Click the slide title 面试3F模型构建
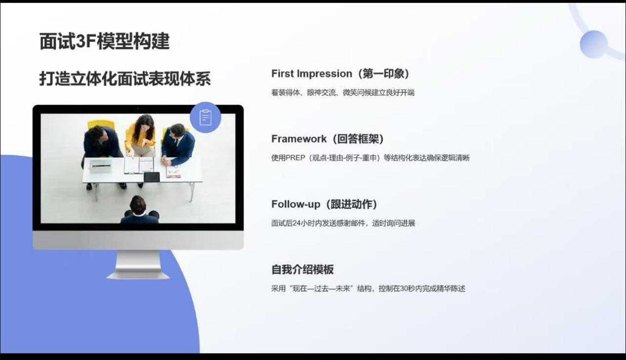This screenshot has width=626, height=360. [105, 41]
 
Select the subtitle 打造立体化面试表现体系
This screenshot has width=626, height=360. [125, 79]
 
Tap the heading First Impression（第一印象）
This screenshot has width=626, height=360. [340, 74]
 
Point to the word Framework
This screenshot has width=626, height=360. [299, 139]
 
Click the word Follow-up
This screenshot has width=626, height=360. [295, 204]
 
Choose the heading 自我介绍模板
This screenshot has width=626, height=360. [302, 270]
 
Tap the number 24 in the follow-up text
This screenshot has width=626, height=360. [296, 223]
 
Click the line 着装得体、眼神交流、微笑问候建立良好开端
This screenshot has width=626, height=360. [342, 92]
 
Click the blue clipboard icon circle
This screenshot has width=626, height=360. [206, 118]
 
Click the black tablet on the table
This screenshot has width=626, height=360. [152, 177]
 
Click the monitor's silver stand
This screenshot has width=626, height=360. [138, 264]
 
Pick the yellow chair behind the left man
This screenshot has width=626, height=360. [101, 124]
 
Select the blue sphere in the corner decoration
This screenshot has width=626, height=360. [593, 44]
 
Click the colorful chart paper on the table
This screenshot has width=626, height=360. [173, 171]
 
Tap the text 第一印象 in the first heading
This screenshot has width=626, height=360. [384, 74]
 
